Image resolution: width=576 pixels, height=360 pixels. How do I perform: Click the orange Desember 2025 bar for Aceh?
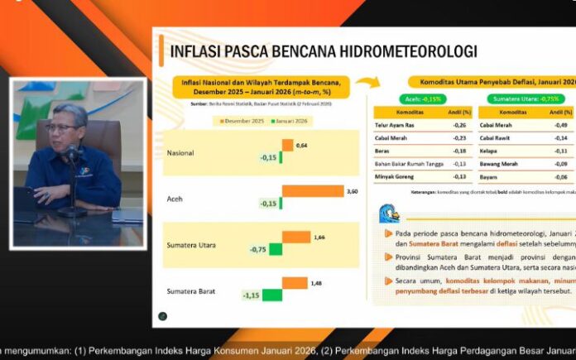pos(312,191)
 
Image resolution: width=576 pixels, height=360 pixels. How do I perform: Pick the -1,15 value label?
pos(249,295)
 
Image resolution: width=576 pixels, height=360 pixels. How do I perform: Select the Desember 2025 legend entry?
pos(238,121)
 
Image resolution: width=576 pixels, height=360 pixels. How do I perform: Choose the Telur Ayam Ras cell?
pos(395,125)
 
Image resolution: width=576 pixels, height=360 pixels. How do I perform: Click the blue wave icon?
pos(387,215)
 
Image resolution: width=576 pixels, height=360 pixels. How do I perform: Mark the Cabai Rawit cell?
pos(497,138)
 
